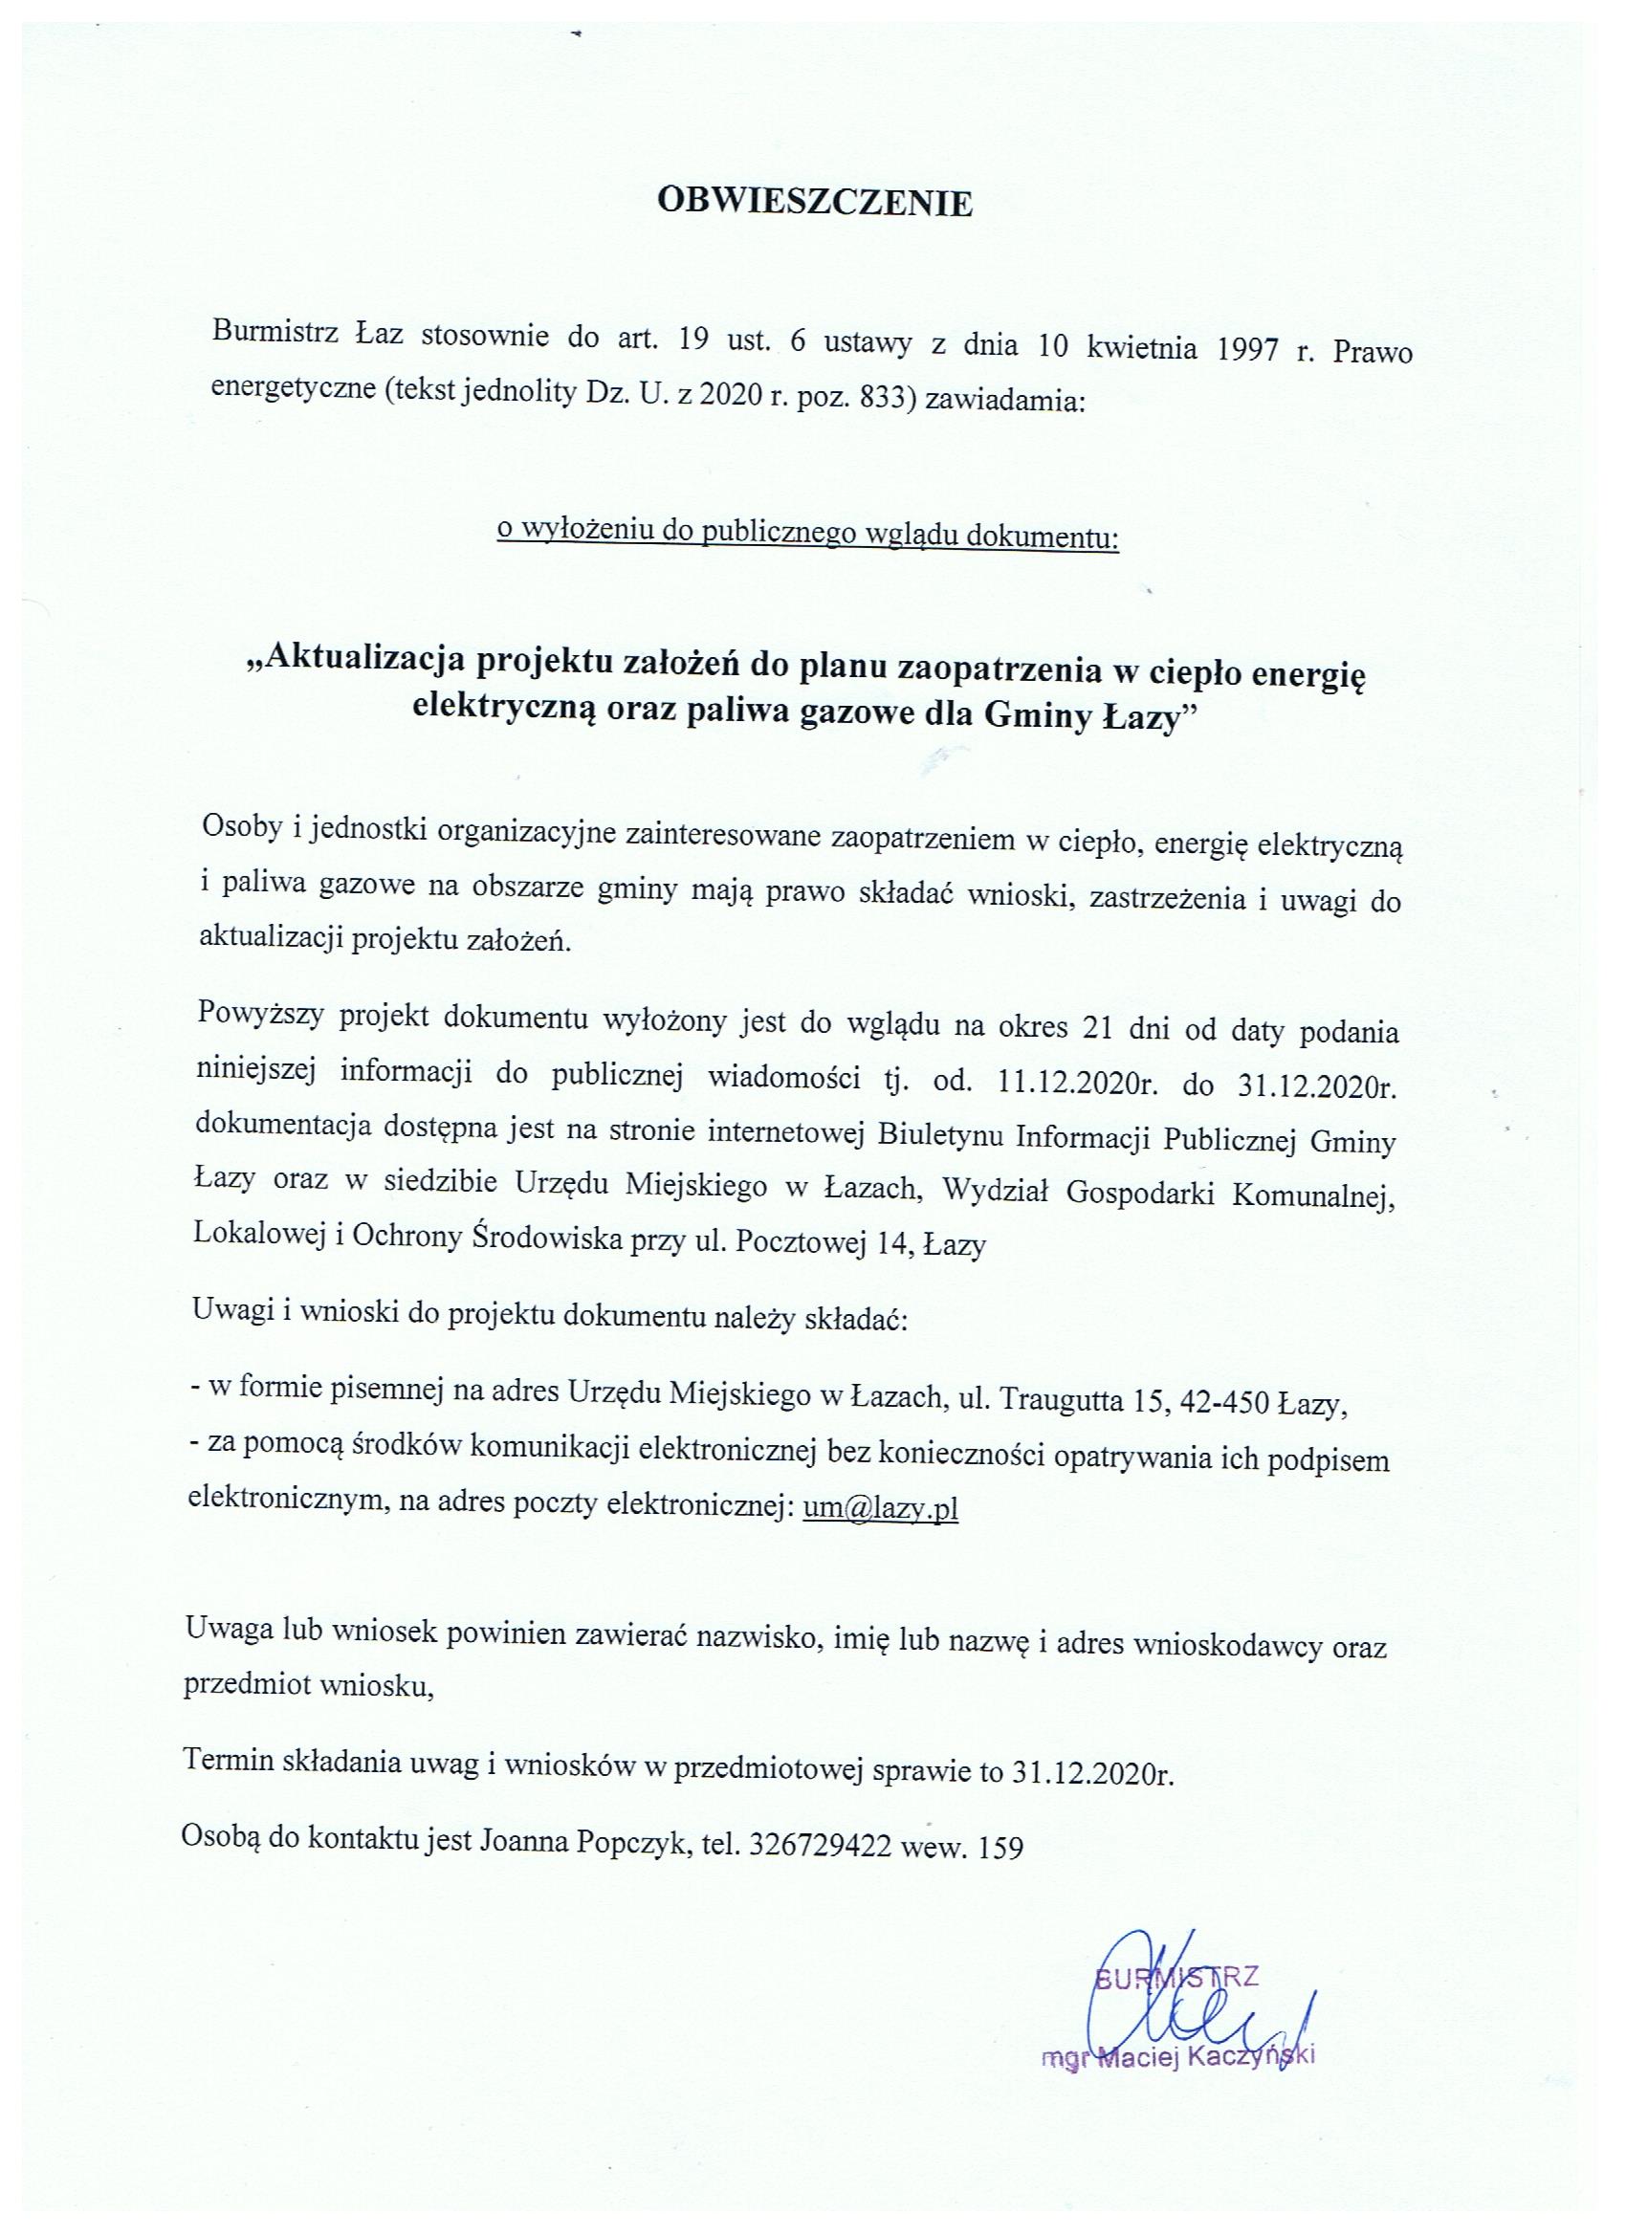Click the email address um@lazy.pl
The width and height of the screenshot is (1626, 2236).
pyautogui.click(x=881, y=1508)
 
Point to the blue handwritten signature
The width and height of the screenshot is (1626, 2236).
pyautogui.click(x=1183, y=2011)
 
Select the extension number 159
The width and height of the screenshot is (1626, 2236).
pyautogui.click(x=1000, y=1846)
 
